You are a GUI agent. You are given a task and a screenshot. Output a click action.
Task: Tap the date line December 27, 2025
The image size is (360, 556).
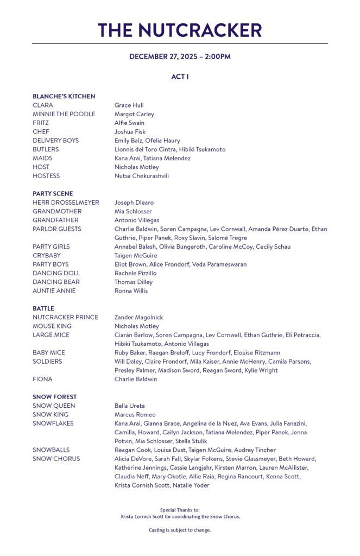[180, 56]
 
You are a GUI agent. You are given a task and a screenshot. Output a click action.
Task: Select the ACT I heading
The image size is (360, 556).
[180, 77]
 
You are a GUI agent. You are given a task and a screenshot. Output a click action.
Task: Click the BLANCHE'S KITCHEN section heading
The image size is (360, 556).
[64, 96]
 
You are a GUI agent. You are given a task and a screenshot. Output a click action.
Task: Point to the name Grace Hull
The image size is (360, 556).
[129, 105]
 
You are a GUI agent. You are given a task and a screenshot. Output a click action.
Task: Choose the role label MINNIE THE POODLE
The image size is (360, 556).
[64, 114]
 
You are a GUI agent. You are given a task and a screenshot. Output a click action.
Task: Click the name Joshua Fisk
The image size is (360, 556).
[130, 132]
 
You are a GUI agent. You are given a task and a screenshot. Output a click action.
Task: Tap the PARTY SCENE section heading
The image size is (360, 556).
[53, 194]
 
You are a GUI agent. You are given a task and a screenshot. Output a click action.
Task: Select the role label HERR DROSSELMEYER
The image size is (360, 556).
[66, 203]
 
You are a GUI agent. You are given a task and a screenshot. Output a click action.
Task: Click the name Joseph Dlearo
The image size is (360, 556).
[134, 203]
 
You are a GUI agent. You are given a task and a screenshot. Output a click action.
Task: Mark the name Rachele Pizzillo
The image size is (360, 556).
[135, 273]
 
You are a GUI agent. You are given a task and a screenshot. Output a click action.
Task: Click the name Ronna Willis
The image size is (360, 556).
[130, 291]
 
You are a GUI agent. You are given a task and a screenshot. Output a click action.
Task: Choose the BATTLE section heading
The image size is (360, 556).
[43, 308]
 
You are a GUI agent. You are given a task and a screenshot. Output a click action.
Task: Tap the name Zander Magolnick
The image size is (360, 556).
[138, 318]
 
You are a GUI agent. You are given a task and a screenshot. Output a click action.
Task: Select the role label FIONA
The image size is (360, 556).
[42, 380]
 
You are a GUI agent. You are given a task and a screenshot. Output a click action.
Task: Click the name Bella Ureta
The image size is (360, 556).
[129, 406]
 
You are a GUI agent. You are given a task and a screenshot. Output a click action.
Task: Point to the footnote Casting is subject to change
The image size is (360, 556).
[180, 530]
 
